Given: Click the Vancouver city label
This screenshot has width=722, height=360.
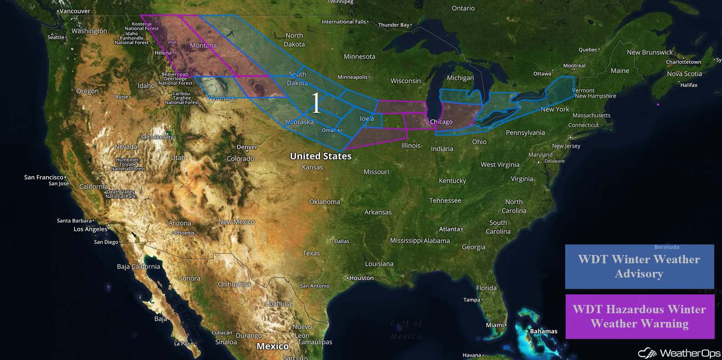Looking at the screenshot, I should click(75, 11).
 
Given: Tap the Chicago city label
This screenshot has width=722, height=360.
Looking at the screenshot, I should click(441, 122).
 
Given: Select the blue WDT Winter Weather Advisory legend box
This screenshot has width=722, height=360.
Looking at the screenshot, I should click(639, 266).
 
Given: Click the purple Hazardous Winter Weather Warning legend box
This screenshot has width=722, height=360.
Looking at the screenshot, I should click(639, 316).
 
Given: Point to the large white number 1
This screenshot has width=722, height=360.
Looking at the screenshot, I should click(316, 103).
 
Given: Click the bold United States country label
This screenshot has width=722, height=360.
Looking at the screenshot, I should click(320, 156).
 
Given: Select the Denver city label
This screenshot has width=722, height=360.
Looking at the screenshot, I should click(247, 147).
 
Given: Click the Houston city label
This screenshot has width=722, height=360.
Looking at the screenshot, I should click(361, 278).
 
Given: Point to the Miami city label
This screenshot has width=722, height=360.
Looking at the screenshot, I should click(495, 325).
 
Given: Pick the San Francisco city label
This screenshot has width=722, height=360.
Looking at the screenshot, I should click(44, 177).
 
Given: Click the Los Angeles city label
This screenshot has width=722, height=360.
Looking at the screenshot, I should click(90, 229).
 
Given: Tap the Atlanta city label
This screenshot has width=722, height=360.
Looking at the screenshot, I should click(449, 229).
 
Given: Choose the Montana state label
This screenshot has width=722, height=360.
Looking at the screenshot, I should click(203, 45).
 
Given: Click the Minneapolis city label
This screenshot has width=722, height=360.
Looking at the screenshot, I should click(353, 77).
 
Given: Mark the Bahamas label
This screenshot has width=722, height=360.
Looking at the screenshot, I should click(544, 331).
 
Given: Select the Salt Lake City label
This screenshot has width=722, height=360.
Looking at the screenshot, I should click(157, 137).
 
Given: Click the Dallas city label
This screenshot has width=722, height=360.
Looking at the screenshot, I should click(342, 241).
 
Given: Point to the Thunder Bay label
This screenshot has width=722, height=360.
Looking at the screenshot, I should click(393, 25).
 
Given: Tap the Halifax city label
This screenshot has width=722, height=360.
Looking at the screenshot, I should click(689, 85).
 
